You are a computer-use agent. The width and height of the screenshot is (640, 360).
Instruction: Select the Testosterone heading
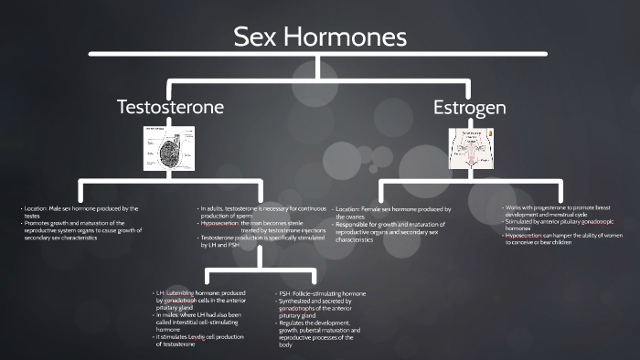[170, 107]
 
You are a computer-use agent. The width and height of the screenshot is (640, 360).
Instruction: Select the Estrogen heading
[470, 108]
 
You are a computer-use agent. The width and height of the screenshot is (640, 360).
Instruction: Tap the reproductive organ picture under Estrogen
[470, 147]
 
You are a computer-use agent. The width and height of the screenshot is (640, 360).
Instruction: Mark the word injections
[309, 230]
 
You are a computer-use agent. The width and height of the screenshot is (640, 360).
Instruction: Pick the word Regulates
[294, 323]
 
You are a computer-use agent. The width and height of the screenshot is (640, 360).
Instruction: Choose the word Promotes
[39, 224]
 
